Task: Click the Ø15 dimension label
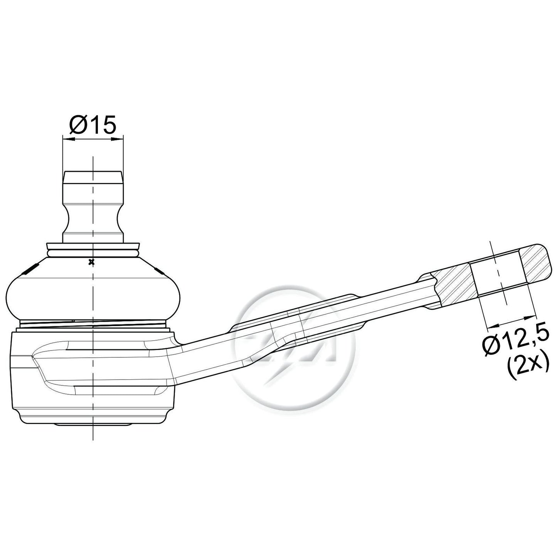[93, 125]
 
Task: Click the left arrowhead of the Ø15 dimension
[69, 139]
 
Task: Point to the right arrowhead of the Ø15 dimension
[117, 139]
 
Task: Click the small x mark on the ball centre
[92, 262]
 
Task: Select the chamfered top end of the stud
[93, 177]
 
